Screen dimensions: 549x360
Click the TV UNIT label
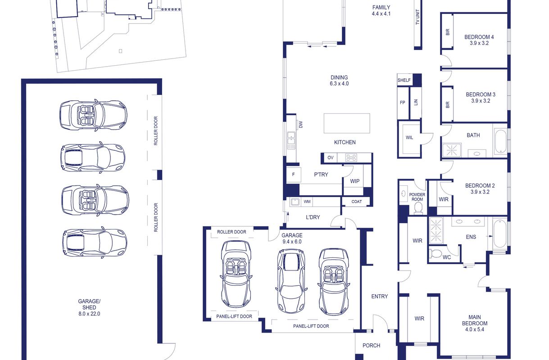[417, 17]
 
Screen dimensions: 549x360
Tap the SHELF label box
[404, 80]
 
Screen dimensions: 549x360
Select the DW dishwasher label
[301, 124]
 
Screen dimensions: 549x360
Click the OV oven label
[331, 157]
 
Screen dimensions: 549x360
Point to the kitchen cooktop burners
[351, 157]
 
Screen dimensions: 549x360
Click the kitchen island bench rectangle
[347, 123]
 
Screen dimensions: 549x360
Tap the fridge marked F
[293, 175]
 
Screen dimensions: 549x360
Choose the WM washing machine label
[307, 202]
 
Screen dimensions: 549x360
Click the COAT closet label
[356, 202]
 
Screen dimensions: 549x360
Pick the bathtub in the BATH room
[500, 141]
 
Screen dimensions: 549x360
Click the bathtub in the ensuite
[500, 234]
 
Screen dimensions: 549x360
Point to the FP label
[403, 103]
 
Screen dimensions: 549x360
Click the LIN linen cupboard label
[416, 102]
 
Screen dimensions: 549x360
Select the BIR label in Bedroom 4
[448, 32]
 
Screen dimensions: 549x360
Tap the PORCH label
[371, 345]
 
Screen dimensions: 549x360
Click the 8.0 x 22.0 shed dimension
[89, 314]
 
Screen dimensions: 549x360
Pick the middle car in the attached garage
[291, 281]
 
